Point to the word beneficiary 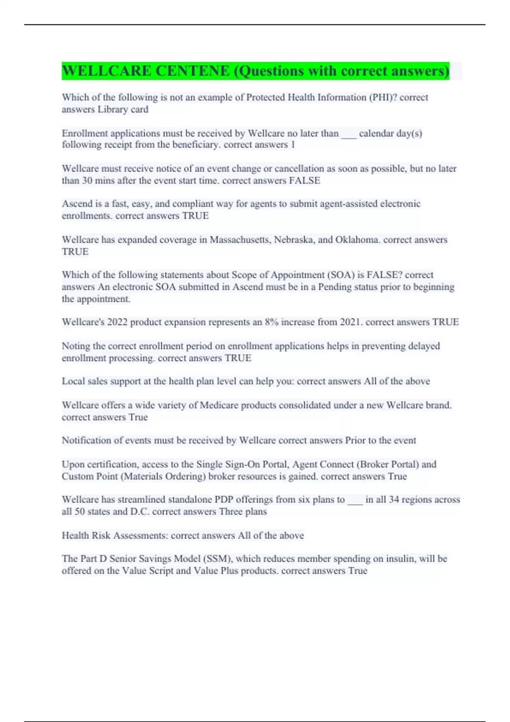[x=197, y=145]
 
